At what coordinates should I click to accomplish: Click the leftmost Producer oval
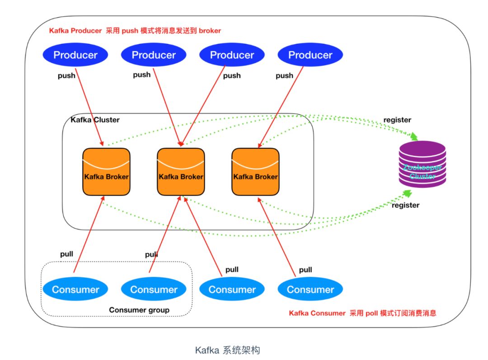75,55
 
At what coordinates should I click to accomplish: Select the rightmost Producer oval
310,55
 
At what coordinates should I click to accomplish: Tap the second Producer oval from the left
154,55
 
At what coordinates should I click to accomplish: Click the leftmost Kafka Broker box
106,172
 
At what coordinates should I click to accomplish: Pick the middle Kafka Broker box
181,172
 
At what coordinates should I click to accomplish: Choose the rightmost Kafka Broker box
255,172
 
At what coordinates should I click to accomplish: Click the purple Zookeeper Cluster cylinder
422,164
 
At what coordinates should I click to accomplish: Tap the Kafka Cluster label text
95,120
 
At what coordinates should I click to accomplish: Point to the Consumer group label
139,310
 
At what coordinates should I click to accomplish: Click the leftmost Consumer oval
75,290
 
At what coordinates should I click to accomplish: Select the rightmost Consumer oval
310,290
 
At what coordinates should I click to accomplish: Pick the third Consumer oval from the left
232,290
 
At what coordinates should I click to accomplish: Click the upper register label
397,120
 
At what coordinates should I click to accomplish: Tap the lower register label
405,205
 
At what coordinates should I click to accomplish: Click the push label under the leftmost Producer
66,75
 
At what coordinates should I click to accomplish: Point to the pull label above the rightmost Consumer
305,270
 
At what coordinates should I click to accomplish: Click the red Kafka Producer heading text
135,31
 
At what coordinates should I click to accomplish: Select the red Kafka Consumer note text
362,313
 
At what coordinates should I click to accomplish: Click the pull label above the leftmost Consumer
66,254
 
